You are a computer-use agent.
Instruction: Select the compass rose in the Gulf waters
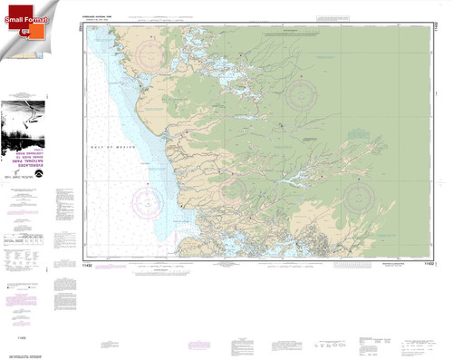coord(148,198)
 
